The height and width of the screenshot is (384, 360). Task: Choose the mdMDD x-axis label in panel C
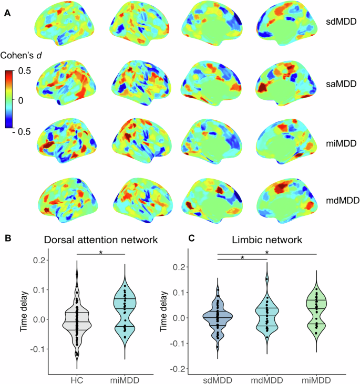[268, 379]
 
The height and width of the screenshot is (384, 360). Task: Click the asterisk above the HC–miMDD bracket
[101, 252]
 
